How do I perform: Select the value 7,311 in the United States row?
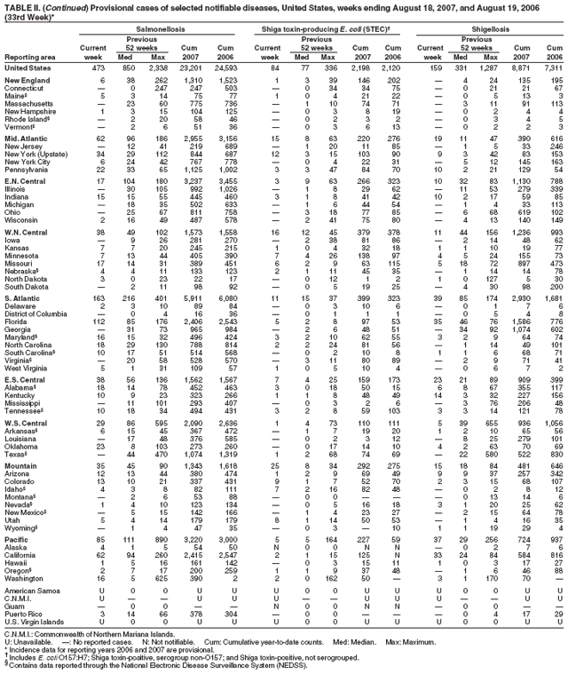[x=552, y=67]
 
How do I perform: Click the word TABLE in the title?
[x=19, y=5]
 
